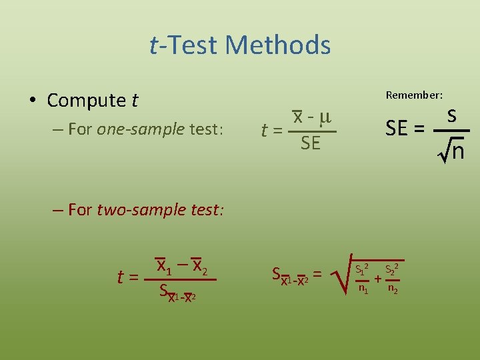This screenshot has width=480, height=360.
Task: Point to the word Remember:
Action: point(414,95)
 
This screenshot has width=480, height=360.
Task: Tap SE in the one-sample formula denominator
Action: point(310,143)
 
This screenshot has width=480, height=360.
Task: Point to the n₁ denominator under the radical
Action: point(363,289)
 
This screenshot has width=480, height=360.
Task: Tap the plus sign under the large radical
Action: point(377,279)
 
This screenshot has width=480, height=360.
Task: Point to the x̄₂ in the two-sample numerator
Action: point(199,265)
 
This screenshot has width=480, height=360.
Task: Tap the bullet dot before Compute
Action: point(32,101)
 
